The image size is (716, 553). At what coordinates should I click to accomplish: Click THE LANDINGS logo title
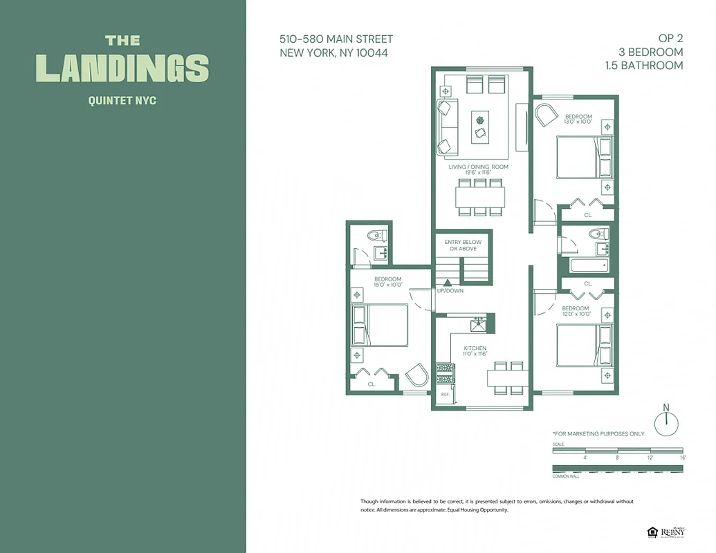click(x=122, y=60)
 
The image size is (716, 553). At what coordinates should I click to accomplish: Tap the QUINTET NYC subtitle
click(x=122, y=101)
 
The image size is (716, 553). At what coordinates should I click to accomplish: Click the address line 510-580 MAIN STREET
click(x=336, y=39)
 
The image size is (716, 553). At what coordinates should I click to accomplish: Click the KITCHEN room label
click(x=475, y=350)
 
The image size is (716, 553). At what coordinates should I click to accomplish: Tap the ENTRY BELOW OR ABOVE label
click(x=463, y=245)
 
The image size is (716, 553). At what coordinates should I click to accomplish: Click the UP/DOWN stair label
click(x=450, y=291)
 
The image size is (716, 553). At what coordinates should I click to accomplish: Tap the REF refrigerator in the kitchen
click(x=446, y=394)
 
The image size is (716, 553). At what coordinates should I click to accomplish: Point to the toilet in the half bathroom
click(x=378, y=234)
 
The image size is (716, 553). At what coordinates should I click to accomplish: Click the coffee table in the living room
click(x=480, y=127)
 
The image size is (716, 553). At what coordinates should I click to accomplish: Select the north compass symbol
click(x=667, y=422)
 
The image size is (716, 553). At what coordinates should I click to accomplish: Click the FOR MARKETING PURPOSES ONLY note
click(x=598, y=433)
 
